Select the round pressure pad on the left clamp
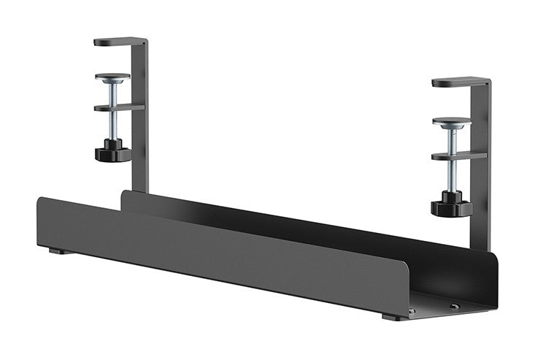point(112,77)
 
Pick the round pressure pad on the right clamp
point(451,121)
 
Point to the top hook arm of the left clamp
point(120,42)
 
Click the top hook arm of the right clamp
point(460,82)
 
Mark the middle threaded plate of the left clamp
point(117,107)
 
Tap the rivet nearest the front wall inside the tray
point(412,310)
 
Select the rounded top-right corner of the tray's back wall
point(494,256)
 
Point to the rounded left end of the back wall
point(123,194)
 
